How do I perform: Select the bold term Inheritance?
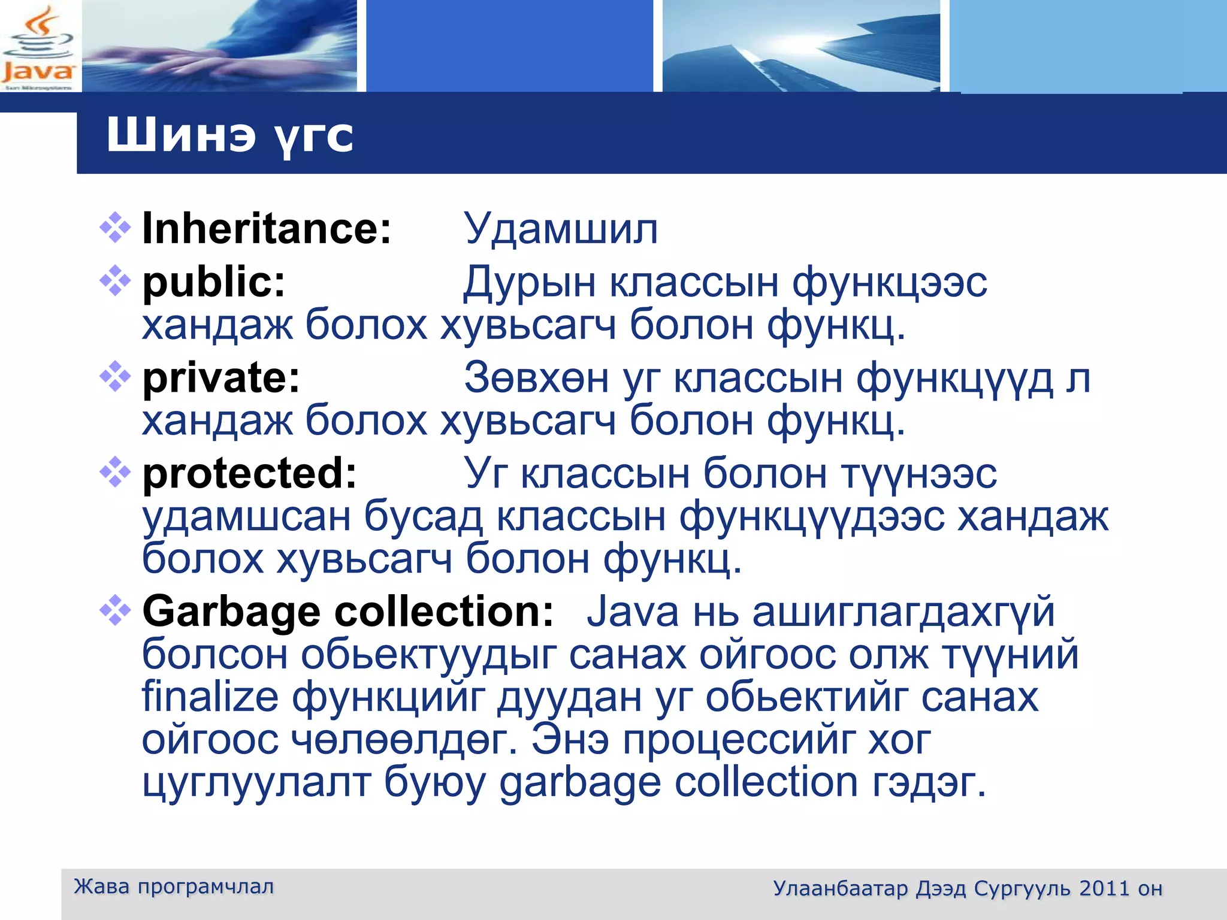tap(267, 229)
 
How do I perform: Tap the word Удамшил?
tap(561, 229)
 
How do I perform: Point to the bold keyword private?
tap(221, 378)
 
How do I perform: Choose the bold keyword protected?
tap(249, 473)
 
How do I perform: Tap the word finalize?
tap(210, 697)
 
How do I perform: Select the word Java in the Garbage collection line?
tap(632, 612)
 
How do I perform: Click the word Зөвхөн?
tap(536, 378)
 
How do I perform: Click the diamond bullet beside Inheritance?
tap(115, 228)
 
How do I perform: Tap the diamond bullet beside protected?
tap(115, 472)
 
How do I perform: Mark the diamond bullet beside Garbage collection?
tap(115, 610)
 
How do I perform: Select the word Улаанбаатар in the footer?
tap(840, 888)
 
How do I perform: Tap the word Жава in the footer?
tap(101, 886)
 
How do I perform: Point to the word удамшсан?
tap(246, 516)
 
